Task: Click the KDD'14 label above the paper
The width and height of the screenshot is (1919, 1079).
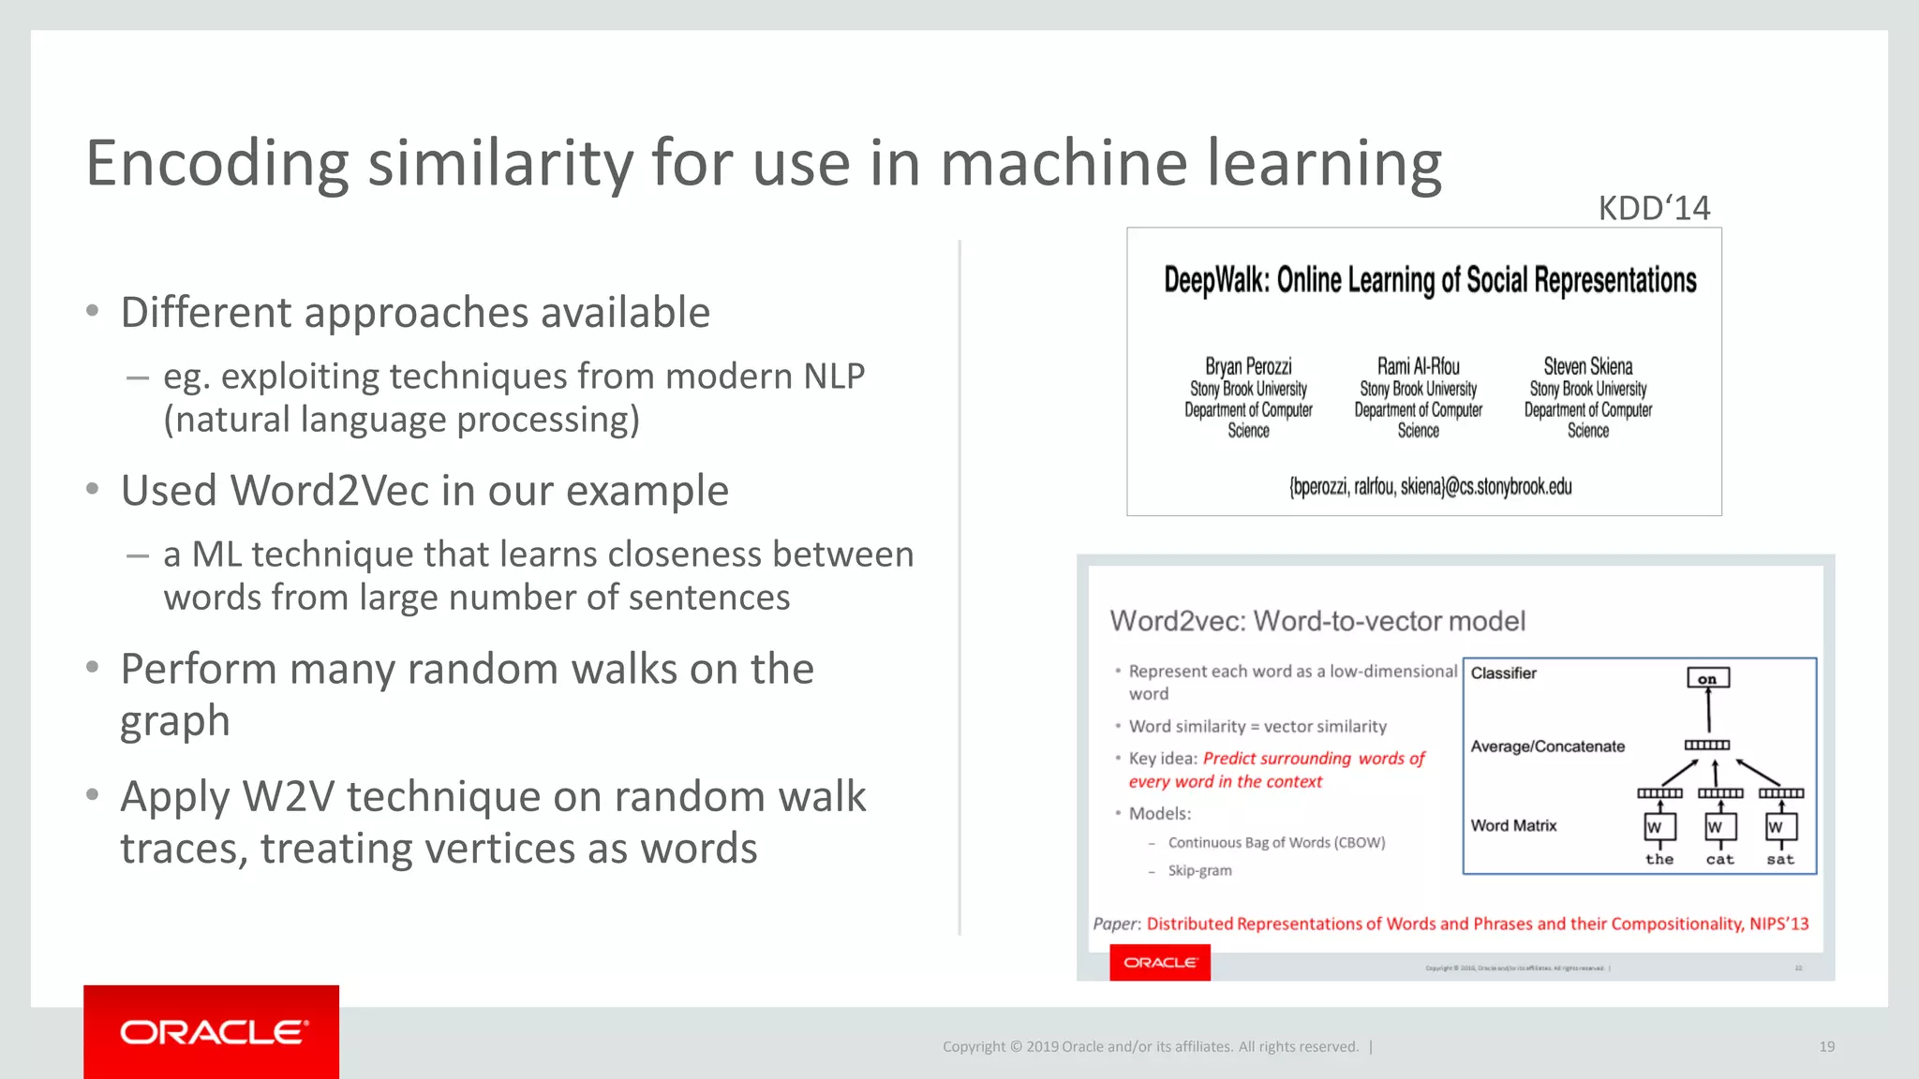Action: point(1654,208)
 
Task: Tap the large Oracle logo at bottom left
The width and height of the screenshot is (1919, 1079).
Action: point(212,1032)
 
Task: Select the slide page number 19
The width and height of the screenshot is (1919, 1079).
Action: point(1826,1046)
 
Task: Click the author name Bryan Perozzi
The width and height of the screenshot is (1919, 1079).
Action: point(1248,366)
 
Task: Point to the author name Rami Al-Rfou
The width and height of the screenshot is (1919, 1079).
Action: point(1418,366)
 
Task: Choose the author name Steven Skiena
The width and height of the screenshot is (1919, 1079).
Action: point(1588,366)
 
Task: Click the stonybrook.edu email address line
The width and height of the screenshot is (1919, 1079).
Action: point(1430,487)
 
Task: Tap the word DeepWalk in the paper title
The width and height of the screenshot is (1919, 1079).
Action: point(1215,280)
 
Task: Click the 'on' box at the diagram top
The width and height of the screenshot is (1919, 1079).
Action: point(1707,678)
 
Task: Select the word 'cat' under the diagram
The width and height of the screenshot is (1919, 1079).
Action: point(1719,859)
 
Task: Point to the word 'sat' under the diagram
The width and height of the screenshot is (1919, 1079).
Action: point(1780,859)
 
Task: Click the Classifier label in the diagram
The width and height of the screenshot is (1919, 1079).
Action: point(1503,673)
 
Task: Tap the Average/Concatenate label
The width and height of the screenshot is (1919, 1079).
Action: point(1547,746)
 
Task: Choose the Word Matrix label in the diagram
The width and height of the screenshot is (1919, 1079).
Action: point(1513,825)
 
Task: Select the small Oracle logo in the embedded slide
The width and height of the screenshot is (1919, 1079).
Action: point(1160,963)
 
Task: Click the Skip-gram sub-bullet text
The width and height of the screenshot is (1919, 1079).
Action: point(1199,870)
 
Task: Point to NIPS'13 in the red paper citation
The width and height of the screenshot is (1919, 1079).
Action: point(1778,924)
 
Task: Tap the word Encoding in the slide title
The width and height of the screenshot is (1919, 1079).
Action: point(216,164)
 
